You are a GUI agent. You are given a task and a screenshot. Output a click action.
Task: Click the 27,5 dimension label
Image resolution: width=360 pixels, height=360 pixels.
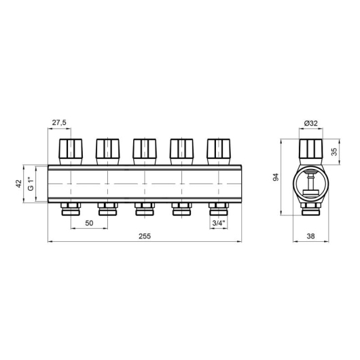(x=59, y=123)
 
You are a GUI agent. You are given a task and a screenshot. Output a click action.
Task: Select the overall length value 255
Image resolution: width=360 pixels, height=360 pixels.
(x=145, y=236)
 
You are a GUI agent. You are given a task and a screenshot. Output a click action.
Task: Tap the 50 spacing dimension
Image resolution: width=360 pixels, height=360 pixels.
(x=89, y=223)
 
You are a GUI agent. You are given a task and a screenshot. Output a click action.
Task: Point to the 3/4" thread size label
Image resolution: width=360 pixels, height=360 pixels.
(x=219, y=223)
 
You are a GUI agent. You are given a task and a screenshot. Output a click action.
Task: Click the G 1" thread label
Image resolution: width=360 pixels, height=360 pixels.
(x=31, y=183)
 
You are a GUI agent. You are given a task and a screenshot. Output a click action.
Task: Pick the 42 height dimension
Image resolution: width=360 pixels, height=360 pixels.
(x=18, y=183)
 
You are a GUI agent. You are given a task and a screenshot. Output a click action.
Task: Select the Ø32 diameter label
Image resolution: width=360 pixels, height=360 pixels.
(x=311, y=124)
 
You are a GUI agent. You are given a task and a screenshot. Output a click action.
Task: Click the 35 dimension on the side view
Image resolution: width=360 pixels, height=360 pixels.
(x=334, y=151)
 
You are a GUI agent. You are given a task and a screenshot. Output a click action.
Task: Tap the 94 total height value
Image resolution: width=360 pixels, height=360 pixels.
(x=276, y=177)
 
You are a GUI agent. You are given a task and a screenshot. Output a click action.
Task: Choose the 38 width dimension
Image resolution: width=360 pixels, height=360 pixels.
(x=310, y=236)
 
